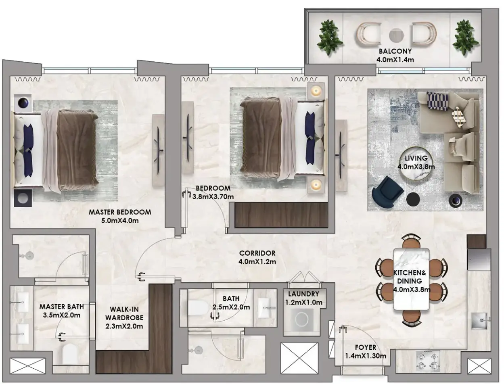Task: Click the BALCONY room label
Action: point(395,51)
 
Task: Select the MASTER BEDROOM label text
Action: point(120,212)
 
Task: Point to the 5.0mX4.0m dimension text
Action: point(120,221)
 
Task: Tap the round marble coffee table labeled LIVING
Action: point(416,163)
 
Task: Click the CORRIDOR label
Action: point(257,253)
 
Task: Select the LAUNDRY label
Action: point(303,294)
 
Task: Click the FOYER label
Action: point(366,347)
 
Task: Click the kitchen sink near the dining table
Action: point(480,321)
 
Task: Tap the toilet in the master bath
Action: point(71,355)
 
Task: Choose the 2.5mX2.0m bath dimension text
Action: point(231,307)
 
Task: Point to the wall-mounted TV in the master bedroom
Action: point(159,150)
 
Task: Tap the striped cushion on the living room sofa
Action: point(437,102)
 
